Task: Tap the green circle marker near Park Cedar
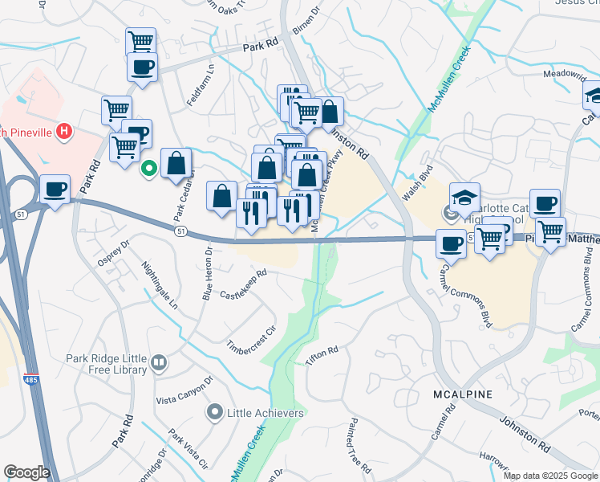coord(148,169)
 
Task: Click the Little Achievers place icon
coord(214,413)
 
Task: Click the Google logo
coord(26,472)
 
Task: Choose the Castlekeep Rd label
coord(243,283)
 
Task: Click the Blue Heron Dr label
coord(207,273)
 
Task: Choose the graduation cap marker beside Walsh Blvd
coord(464,197)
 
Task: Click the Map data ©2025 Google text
coord(550,476)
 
